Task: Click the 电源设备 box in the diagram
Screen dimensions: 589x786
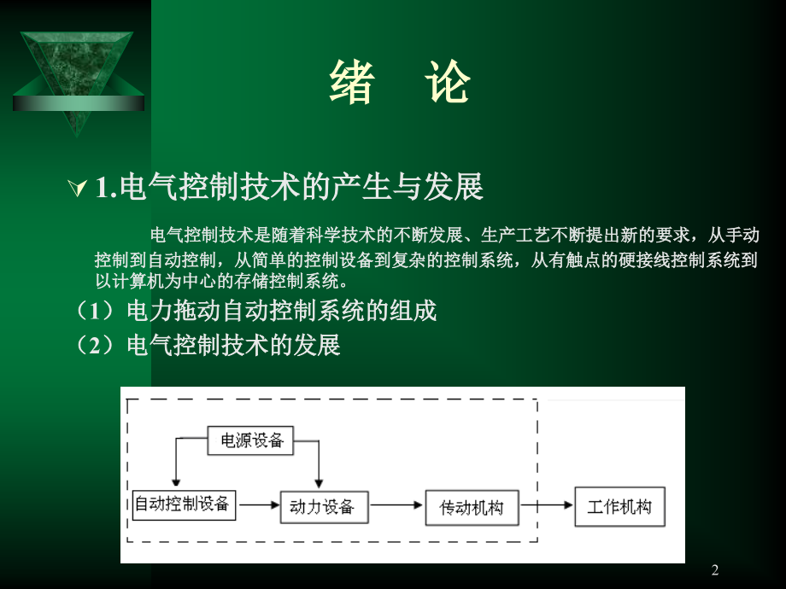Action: coord(251,440)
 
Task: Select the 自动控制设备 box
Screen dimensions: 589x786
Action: coord(183,504)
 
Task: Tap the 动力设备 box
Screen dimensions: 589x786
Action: coord(322,506)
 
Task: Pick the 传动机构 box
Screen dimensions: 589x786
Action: coord(472,508)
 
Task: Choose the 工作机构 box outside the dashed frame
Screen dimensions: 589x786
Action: coord(619,507)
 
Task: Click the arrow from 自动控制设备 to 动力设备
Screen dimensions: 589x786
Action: coord(260,505)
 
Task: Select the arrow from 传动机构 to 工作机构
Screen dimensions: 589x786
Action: coord(547,505)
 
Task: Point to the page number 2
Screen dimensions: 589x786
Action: coord(715,570)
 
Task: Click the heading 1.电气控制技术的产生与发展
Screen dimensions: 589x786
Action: coord(290,187)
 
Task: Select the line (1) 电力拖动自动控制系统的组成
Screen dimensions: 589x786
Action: coord(256,311)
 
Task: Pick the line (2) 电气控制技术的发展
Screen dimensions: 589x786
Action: coord(208,345)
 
